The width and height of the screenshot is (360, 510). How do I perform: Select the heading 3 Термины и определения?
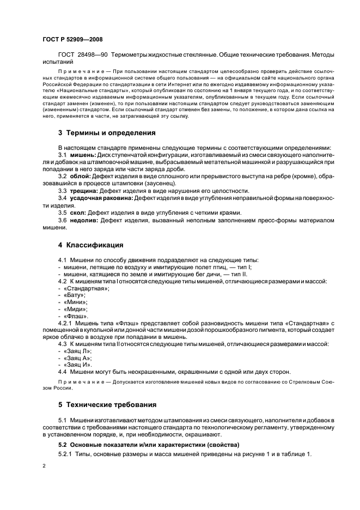pos(107,132)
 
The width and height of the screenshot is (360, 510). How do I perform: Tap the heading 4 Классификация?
pos(90,245)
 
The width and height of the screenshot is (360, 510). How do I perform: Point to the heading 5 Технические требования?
pos(107,405)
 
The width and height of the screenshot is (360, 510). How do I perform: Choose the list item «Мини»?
pos(75,302)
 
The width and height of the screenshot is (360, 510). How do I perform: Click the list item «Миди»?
pos(75,309)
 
